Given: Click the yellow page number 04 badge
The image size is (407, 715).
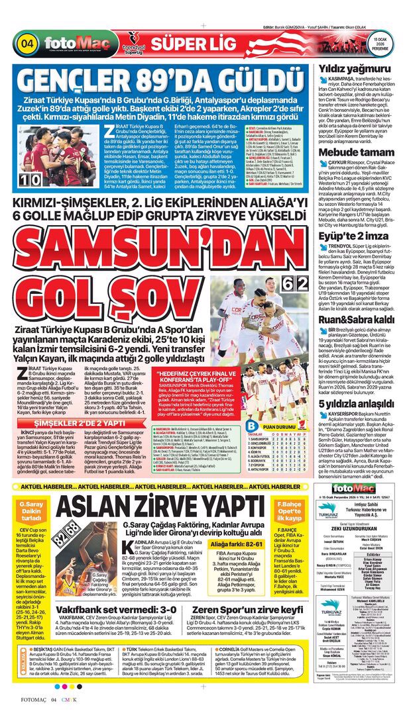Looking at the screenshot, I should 28,44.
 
